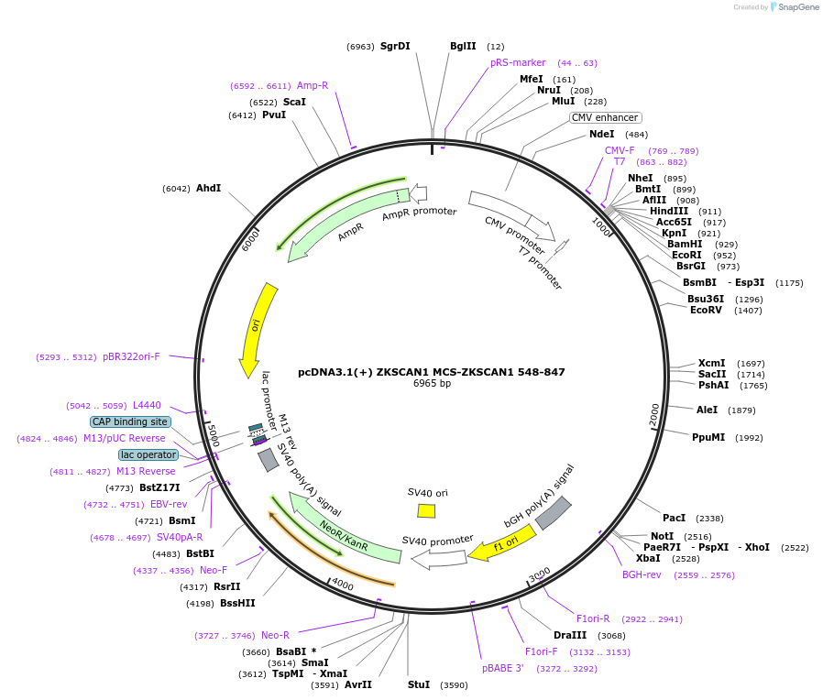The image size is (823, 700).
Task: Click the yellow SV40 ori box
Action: coord(426,511)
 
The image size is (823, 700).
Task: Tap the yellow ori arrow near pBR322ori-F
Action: coord(256,330)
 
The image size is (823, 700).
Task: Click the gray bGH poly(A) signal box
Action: coord(554,513)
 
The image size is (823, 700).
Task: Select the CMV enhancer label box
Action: coord(605,117)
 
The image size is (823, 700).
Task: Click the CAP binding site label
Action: coord(129,421)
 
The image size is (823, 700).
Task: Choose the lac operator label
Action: coord(148,454)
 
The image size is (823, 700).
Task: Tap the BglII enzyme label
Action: coord(463,46)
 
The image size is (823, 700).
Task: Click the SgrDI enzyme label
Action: coord(395,46)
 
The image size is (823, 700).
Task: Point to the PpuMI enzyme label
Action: coord(708,437)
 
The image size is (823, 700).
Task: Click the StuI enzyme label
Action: coord(418,684)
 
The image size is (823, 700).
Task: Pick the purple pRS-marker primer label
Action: coord(518,62)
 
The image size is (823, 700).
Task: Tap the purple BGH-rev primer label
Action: coord(642,575)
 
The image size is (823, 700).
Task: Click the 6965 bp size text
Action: coord(432,383)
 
